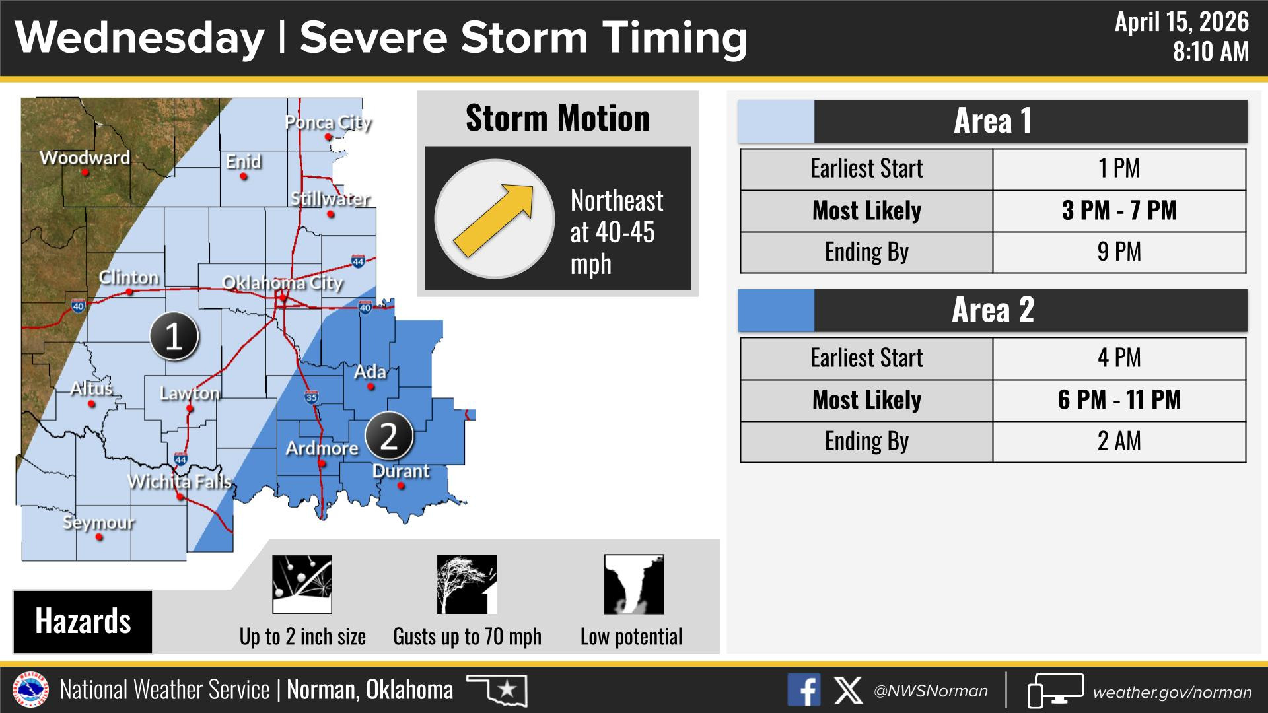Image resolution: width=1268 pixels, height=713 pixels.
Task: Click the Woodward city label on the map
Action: point(85,158)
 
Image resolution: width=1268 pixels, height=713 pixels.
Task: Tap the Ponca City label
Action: point(328,123)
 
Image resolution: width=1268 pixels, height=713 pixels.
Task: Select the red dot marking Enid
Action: point(244,177)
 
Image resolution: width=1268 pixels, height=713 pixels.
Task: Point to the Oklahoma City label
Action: point(283,283)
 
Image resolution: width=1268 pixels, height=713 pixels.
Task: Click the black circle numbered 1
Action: point(174,337)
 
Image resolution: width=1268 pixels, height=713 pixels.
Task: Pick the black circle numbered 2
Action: point(389,436)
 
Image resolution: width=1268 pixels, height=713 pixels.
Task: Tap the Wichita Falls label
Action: point(180,481)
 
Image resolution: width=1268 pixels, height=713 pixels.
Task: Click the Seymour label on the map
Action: point(98,523)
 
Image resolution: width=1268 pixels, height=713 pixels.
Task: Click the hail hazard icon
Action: point(302,584)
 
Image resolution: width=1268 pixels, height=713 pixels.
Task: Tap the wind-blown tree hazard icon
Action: point(467,584)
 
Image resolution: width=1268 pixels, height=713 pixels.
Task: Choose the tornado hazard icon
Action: point(634,584)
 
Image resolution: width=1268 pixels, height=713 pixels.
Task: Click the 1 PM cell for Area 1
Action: point(1119,169)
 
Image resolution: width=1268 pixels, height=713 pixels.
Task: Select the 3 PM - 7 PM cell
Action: point(1119,211)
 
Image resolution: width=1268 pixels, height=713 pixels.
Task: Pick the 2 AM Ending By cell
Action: point(1119,441)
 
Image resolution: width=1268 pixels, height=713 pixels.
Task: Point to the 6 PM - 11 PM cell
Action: point(1119,400)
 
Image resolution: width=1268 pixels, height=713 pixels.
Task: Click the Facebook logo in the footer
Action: point(804,691)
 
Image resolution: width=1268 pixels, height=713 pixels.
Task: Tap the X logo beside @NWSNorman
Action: point(848,691)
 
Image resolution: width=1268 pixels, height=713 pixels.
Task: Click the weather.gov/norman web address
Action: point(1172,693)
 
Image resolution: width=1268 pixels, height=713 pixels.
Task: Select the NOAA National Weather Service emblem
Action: point(31,691)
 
